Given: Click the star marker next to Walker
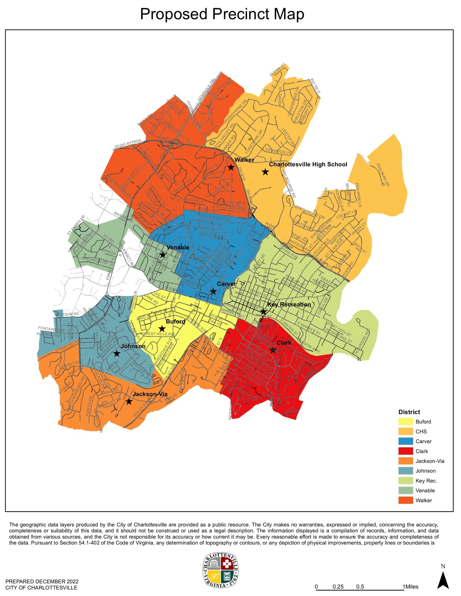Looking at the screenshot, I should coord(231,167).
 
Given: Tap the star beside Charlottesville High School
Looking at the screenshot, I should coord(265,172).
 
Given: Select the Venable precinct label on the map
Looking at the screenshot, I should coord(178,247).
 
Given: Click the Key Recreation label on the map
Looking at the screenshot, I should coord(289,304).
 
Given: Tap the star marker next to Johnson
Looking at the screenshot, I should coord(117,353).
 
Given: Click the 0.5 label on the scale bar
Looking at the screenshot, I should coord(360,587).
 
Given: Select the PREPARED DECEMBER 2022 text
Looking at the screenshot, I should coord(42,582).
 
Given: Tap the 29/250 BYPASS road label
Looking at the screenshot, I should coord(127,144).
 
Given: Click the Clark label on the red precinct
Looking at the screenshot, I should coord(284,342).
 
